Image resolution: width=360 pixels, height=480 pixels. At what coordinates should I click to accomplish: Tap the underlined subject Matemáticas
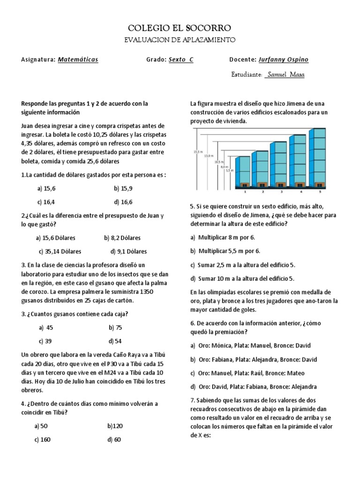click(x=78, y=60)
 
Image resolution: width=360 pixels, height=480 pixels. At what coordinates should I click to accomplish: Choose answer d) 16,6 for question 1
click(x=123, y=202)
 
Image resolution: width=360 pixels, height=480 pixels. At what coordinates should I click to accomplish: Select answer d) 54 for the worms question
click(x=115, y=341)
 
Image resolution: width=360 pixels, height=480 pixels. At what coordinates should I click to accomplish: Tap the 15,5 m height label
click(x=197, y=152)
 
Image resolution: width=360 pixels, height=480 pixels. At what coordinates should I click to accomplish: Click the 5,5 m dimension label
click(x=229, y=171)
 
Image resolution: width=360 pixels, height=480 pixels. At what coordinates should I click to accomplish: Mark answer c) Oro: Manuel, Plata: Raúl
click(x=247, y=373)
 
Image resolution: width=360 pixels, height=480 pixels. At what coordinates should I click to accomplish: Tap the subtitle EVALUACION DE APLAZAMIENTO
click(x=180, y=41)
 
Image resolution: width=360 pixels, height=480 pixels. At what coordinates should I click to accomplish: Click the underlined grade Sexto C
click(x=180, y=60)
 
